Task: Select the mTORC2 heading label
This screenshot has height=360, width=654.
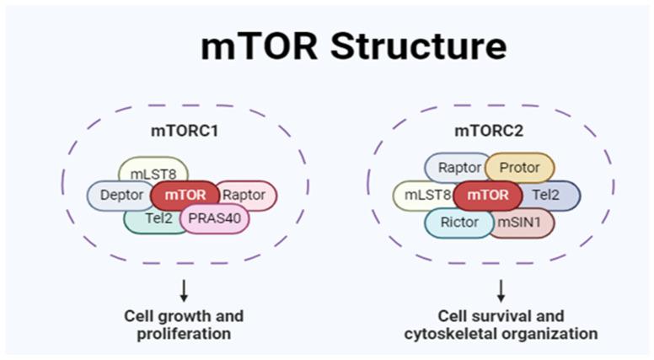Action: click(x=489, y=132)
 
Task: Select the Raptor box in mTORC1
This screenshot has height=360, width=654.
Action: click(x=245, y=196)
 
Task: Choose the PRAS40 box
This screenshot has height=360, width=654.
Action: click(x=215, y=219)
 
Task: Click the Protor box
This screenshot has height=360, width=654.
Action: click(x=520, y=167)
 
